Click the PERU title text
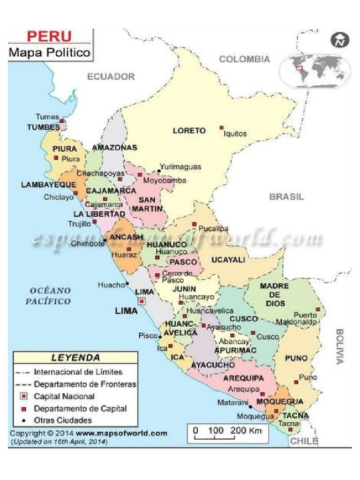click(x=49, y=37)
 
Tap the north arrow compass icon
click(x=340, y=41)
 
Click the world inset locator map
click(x=315, y=70)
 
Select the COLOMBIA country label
click(x=245, y=59)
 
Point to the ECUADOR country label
click(x=111, y=76)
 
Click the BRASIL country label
click(x=286, y=197)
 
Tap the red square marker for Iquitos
click(x=221, y=127)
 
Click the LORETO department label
click(x=189, y=131)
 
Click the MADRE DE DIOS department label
click(x=275, y=294)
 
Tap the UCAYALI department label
click(x=228, y=260)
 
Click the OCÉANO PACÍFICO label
click(x=48, y=296)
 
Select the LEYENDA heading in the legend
click(x=75, y=358)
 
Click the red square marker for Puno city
click(x=296, y=382)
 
